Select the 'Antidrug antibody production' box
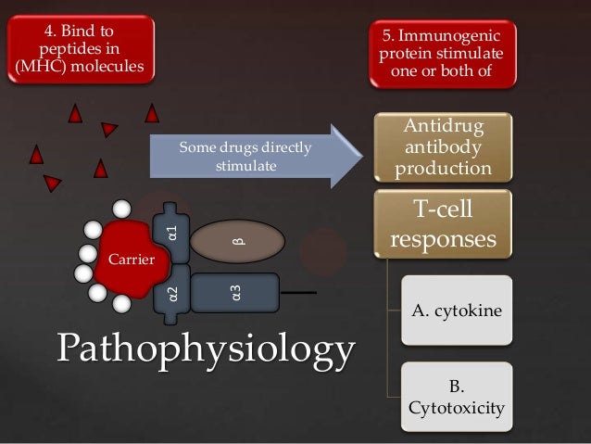pos(443,147)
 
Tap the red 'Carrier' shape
pos(126,257)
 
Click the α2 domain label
pos(172,296)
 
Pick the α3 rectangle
pos(237,296)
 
